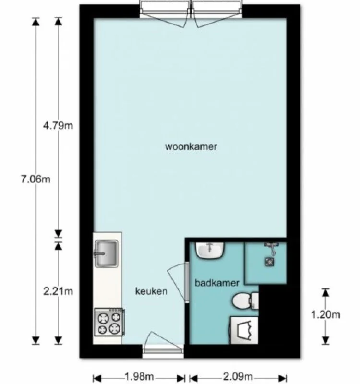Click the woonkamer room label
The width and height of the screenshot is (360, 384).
coord(191,147)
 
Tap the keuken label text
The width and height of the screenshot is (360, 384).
coord(151,291)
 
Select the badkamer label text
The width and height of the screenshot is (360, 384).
coord(216,283)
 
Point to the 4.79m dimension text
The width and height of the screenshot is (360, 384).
coord(58,126)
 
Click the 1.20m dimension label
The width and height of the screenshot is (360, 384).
coord(326,315)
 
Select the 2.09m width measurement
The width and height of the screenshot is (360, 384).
coord(238,376)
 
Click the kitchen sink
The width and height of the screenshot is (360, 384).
coord(107,253)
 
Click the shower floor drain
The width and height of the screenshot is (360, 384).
coord(270,262)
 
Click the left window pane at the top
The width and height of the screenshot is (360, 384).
coord(166,9)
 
